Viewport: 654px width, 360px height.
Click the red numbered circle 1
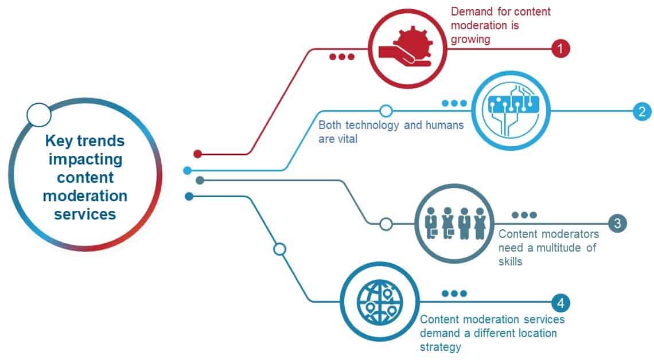tap(560, 49)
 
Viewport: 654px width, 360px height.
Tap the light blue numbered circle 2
tap(641, 111)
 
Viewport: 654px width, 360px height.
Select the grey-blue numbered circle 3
tap(617, 223)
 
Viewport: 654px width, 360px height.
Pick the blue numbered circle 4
tap(560, 303)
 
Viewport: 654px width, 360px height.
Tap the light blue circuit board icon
tap(511, 110)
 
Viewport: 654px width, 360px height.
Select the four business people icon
tap(456, 224)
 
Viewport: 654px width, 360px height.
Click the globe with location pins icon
tap(380, 302)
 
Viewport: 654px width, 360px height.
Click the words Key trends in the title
tap(85, 141)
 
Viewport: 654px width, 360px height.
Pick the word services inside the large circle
tap(85, 214)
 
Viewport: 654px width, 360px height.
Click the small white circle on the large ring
tap(39, 115)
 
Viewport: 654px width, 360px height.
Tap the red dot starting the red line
tap(198, 154)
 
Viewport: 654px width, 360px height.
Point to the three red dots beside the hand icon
tap(341, 57)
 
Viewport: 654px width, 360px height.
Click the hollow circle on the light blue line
tap(386, 111)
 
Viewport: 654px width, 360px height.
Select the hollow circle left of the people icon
tap(386, 224)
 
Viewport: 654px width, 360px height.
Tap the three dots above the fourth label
tap(454, 294)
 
